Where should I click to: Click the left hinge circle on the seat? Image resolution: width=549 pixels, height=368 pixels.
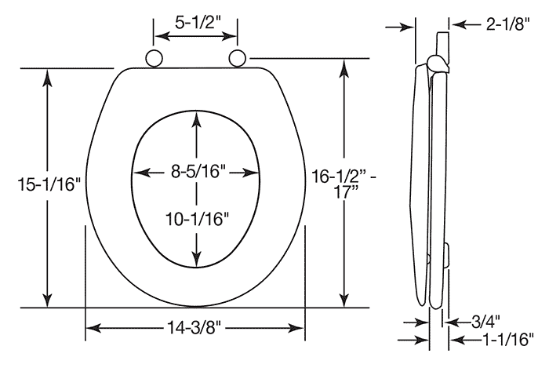tap(154, 58)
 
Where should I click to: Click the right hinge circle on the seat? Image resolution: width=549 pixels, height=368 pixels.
tap(238, 58)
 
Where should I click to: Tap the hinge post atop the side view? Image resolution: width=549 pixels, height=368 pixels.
tap(441, 42)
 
